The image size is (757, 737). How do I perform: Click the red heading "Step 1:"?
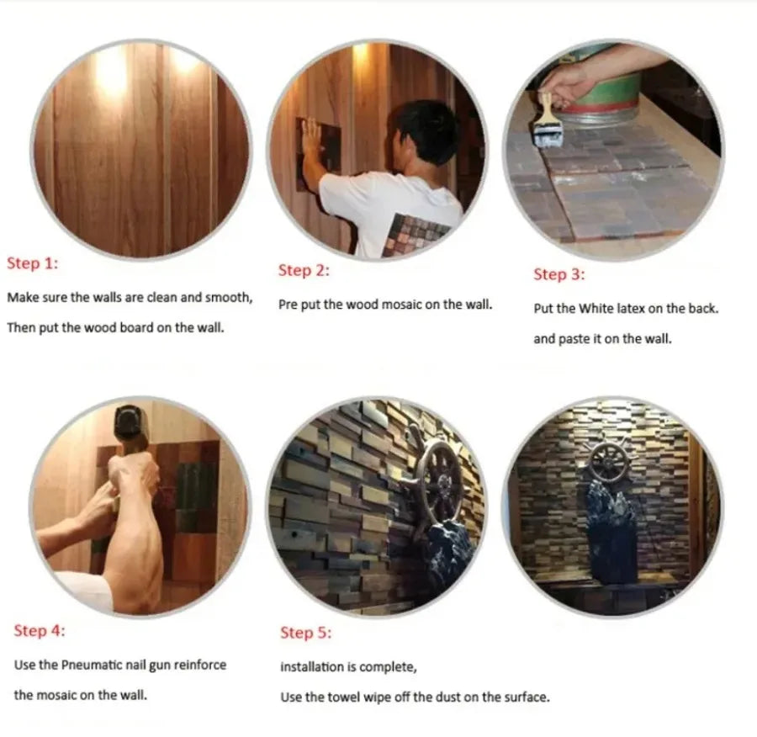coord(32,263)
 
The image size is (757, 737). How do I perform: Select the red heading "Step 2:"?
coord(304,270)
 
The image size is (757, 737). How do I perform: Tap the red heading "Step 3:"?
coord(559,274)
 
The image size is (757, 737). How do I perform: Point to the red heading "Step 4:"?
coord(39,630)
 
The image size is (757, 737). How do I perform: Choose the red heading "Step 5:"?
coord(306,633)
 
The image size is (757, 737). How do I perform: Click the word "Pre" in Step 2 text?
coord(288,305)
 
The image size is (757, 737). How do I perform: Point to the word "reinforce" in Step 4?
coord(200,665)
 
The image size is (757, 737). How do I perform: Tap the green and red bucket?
coord(602,87)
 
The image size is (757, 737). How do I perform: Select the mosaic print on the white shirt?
coord(414,234)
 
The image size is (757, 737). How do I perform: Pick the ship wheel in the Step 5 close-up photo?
coord(440,483)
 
